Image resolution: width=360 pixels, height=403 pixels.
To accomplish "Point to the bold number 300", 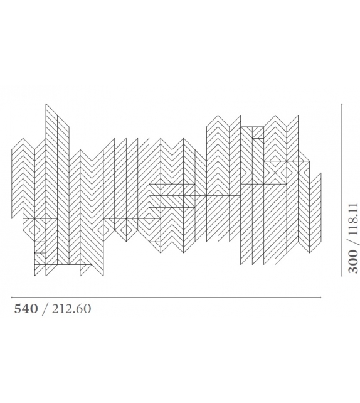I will coord(354,262).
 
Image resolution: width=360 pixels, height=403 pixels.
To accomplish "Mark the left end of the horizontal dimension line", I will coord(12,297).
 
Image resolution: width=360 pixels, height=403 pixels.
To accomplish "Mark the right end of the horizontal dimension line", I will coord(321,297).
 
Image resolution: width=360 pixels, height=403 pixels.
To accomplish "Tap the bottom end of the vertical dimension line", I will coord(342,275).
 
